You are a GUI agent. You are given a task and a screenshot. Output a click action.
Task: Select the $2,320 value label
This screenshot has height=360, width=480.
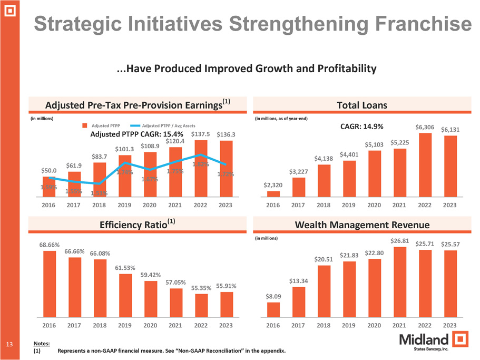273,185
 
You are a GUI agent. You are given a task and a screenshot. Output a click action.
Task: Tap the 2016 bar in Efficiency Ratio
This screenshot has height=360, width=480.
50,283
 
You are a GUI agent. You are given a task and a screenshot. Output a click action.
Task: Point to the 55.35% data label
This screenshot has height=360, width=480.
201,288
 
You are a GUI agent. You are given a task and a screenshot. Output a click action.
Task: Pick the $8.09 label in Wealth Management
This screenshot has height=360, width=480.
273,297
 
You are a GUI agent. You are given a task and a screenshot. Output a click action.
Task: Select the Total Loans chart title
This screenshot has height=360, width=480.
361,105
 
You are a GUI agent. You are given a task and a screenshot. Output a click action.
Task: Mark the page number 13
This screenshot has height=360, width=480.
9,344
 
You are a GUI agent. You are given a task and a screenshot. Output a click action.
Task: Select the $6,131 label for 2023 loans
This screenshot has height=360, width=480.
451,130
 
